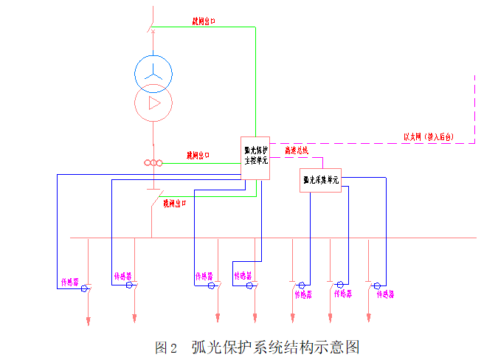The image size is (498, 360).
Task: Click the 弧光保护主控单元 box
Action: coord(256,156)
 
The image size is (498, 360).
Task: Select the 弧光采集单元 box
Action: coord(321,179)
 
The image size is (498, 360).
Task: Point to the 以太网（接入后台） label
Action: coord(428,136)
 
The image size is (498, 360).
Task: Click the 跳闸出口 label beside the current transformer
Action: coord(198,156)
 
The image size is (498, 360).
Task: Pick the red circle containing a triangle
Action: coord(153,103)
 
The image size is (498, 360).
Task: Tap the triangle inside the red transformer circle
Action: coord(153,103)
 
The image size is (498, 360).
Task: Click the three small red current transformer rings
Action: coord(153,163)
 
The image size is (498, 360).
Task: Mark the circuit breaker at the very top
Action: coord(152,27)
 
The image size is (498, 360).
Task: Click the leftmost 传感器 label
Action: coord(70,282)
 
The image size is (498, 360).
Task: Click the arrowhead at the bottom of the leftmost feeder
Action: coord(88,321)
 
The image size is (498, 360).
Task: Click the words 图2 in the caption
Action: coord(167,347)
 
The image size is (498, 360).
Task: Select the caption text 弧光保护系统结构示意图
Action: coord(275,347)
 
